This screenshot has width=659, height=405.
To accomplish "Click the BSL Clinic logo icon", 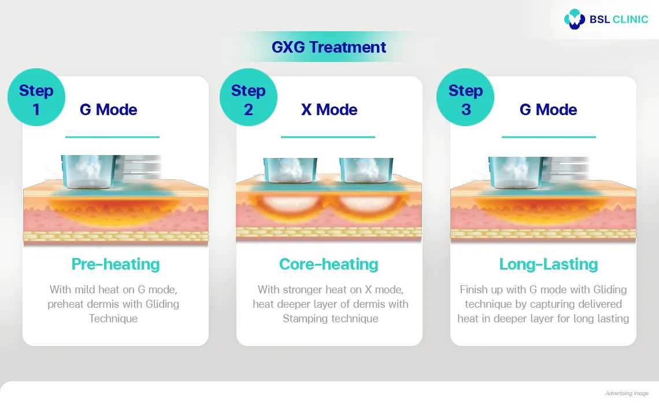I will [x=575, y=19].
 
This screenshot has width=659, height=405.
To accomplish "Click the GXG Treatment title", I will [x=329, y=47].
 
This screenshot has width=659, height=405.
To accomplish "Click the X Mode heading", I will [x=329, y=110].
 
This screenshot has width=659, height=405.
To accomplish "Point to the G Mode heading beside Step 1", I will [x=108, y=110].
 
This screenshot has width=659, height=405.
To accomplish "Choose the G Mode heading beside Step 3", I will [x=548, y=110].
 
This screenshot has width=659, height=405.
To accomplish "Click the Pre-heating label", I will [x=116, y=264].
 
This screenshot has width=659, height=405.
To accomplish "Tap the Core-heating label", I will [x=328, y=264].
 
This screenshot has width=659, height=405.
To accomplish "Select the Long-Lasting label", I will [x=548, y=264].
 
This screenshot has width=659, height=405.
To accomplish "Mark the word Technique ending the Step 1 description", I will [x=113, y=319].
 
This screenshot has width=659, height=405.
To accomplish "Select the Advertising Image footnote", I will [x=627, y=393].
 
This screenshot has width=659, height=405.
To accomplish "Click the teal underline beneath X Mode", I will [x=328, y=137].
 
